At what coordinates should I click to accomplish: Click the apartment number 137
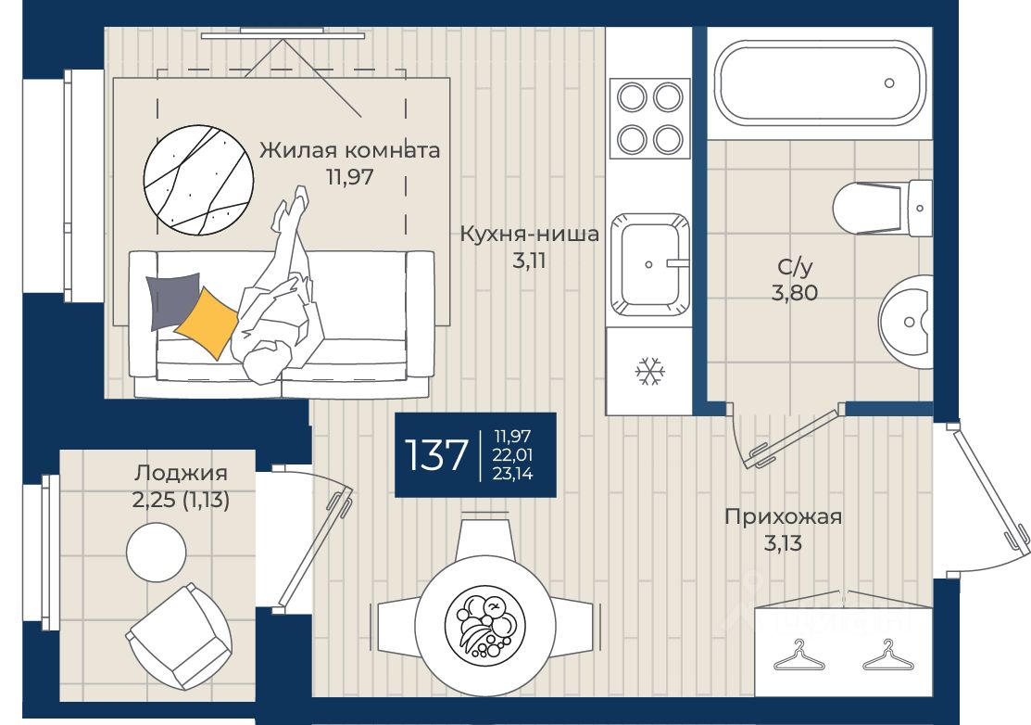pos(436,454)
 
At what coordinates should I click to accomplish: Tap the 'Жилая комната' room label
pos(349,150)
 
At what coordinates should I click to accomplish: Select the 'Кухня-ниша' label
pos(529,234)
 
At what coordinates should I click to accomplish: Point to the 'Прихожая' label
pos(783,517)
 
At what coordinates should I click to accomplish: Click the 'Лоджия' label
pos(181,473)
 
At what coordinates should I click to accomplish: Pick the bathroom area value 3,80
pos(795,292)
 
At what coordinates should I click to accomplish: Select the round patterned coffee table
pos(198,180)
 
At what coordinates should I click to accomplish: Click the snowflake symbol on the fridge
pos(649,372)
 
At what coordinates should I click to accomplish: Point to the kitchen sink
pos(649,264)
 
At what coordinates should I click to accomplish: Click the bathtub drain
pos(889,83)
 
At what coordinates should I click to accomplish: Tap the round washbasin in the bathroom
pos(906,322)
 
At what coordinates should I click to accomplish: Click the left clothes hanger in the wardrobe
pos(798,656)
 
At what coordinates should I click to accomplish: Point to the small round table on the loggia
pos(157,552)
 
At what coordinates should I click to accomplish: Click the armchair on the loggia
pos(178,635)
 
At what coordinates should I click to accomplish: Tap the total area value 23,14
pos(513,473)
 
